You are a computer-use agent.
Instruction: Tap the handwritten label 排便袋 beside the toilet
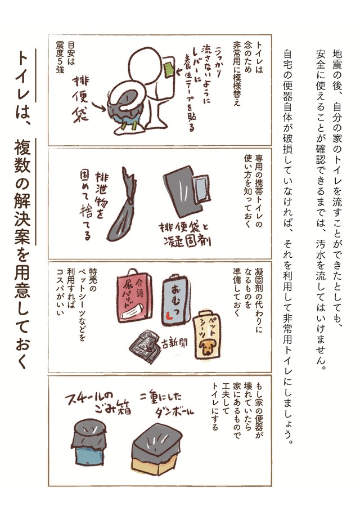click(x=80, y=100)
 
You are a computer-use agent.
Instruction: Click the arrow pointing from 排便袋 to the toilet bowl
click(x=98, y=106)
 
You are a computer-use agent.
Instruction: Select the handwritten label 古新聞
click(x=174, y=343)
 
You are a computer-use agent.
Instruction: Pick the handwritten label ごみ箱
click(x=113, y=409)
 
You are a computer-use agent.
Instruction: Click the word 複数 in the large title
click(x=22, y=155)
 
